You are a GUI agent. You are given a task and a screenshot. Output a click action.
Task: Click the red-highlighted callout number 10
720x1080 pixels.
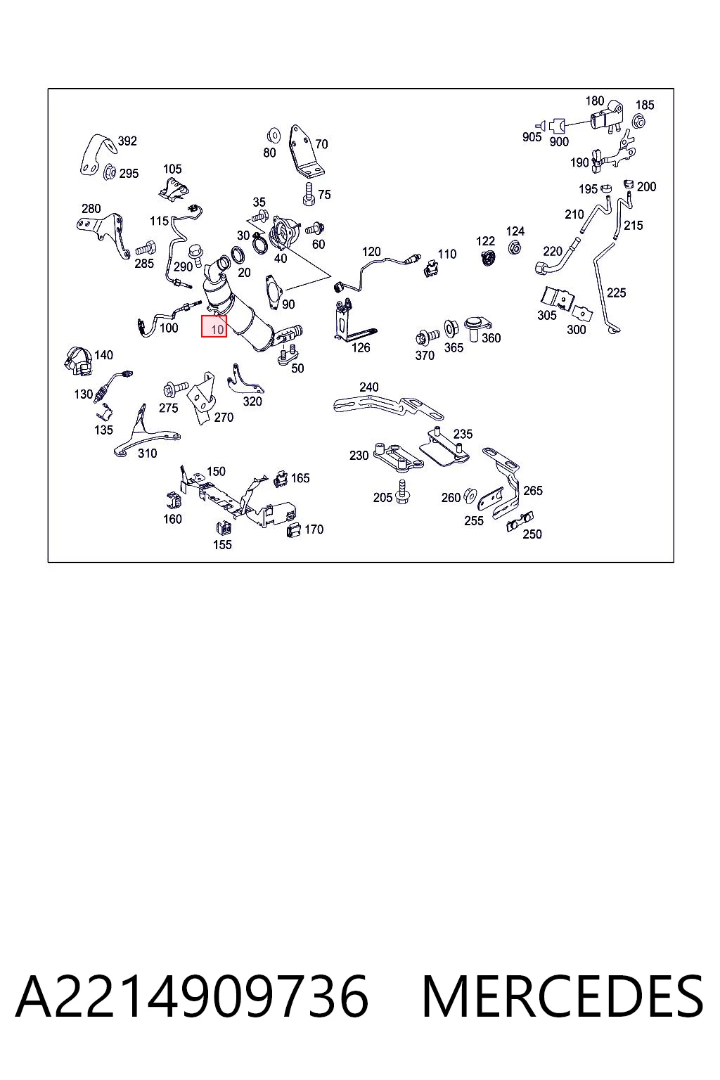pos(218,329)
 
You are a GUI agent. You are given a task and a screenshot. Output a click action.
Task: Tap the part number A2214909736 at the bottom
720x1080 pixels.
pos(192,996)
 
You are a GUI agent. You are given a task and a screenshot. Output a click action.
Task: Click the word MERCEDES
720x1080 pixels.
pos(562,996)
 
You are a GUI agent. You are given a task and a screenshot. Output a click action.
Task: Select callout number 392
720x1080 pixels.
pos(127,141)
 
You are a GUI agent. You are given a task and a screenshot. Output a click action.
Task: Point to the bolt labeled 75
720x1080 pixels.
pos(309,194)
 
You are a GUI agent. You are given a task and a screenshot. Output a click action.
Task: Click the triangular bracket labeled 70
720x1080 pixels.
pos(304,152)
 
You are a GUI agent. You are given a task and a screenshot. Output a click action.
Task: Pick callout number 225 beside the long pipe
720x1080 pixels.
pos(617,292)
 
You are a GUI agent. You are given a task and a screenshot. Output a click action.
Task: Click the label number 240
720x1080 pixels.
pos(369,387)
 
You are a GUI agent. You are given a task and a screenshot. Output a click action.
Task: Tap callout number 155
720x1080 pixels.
pos(222,544)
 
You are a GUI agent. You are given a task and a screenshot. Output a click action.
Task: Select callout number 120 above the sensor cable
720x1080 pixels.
pos(371,252)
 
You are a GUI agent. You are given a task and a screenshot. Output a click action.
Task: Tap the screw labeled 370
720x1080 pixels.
pos(427,337)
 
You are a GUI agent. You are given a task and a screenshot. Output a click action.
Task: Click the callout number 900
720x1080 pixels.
pos(559,142)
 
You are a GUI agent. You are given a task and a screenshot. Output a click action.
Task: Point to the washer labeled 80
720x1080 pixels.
pos(274,136)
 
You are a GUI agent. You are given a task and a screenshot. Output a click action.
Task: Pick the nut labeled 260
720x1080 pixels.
pos(469,495)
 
